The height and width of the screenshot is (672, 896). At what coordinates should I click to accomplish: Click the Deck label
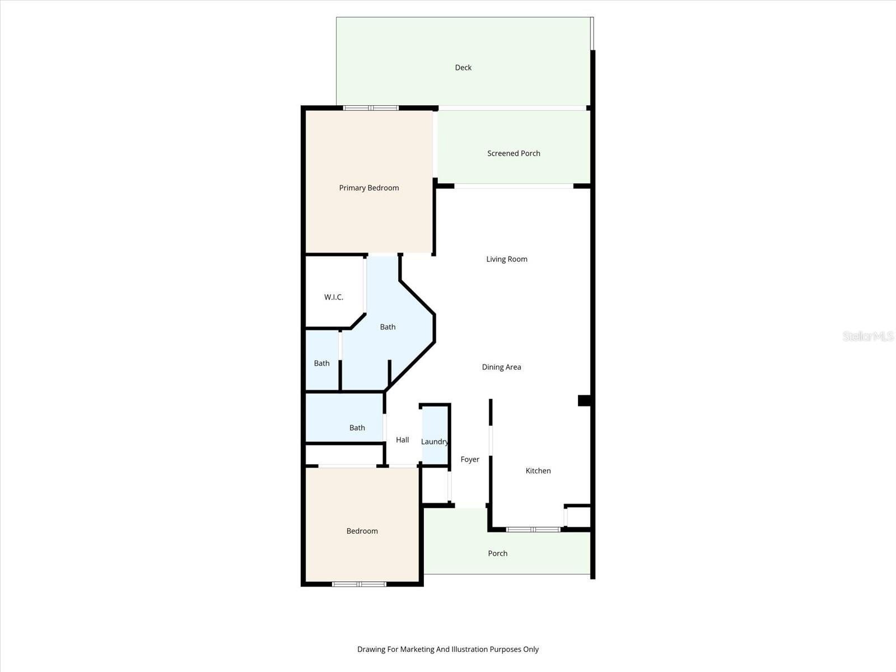coord(463,68)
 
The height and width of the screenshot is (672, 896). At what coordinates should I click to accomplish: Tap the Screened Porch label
coord(514,153)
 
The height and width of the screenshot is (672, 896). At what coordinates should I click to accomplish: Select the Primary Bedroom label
coord(369,188)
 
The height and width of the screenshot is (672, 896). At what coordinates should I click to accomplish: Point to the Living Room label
coord(507,259)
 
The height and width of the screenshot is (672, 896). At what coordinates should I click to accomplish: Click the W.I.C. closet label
coord(334,297)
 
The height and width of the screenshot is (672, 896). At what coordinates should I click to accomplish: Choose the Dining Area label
coord(501,367)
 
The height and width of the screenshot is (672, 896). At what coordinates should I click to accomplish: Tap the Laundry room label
coord(435,442)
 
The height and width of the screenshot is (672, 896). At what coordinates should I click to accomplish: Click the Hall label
coord(402,440)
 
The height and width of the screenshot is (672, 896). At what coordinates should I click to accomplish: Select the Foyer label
coord(470,460)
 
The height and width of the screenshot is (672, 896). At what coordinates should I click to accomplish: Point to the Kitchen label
coord(538,471)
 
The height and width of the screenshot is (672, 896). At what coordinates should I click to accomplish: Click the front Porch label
coord(497,554)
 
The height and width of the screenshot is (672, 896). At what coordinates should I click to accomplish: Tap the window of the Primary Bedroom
coord(371,108)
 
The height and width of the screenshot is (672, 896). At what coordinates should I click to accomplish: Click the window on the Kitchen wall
coord(533,529)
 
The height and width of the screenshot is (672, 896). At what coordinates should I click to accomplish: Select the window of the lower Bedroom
coord(359,584)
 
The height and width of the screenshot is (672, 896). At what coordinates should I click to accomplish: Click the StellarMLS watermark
coord(868,337)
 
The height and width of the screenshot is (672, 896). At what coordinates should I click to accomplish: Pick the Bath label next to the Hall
coord(357,428)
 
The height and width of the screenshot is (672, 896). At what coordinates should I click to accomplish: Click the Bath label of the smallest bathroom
coord(321,363)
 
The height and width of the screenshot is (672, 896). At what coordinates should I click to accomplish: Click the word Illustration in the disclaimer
coord(470,650)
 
